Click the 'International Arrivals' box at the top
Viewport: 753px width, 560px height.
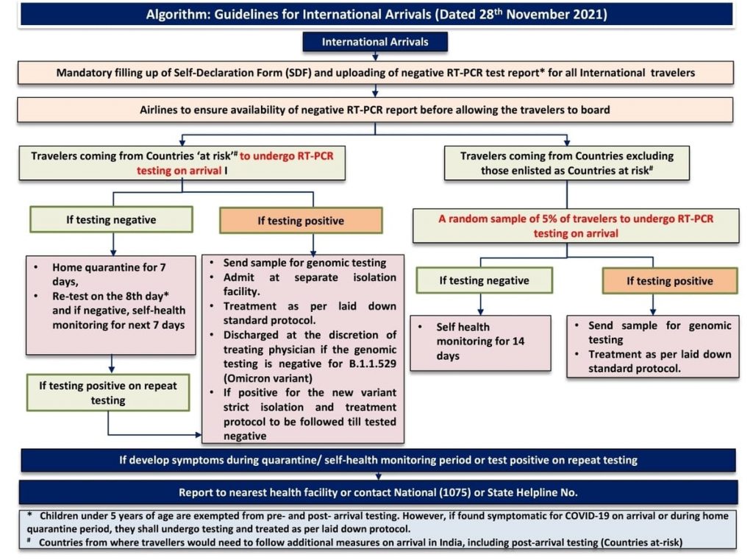375,42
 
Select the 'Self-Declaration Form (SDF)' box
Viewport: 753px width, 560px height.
376,73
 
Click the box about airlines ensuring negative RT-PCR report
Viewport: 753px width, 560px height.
375,110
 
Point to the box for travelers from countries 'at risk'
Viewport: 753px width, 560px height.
182,163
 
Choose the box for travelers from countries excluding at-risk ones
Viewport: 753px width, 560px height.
567,163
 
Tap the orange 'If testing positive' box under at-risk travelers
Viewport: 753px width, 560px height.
301,221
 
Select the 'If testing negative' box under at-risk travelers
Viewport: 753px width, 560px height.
112,220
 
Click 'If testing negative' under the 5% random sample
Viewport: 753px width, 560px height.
485,280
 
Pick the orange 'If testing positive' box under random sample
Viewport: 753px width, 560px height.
670,280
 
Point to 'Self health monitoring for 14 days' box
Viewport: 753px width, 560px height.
481,343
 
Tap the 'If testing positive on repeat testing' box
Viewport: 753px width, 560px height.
108,393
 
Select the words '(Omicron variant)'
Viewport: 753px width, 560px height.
268,378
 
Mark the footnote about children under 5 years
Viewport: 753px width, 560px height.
377,522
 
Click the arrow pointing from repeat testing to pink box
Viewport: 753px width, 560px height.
155,435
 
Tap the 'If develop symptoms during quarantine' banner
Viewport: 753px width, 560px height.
378,460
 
